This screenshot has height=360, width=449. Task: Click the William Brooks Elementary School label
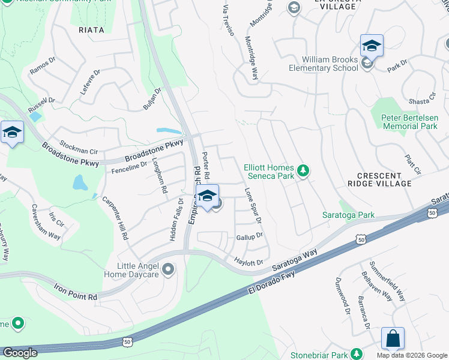tap(330, 64)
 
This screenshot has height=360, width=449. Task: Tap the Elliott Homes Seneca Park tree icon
tap(304, 171)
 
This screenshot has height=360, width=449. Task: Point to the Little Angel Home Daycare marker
tap(168, 269)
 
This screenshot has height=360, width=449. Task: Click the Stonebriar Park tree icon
tap(357, 353)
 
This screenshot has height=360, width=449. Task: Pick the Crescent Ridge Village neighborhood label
tap(384, 179)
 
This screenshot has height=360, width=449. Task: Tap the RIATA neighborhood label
tap(91, 29)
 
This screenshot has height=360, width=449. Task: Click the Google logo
tap(19, 353)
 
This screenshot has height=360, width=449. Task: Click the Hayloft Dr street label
tap(249, 262)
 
